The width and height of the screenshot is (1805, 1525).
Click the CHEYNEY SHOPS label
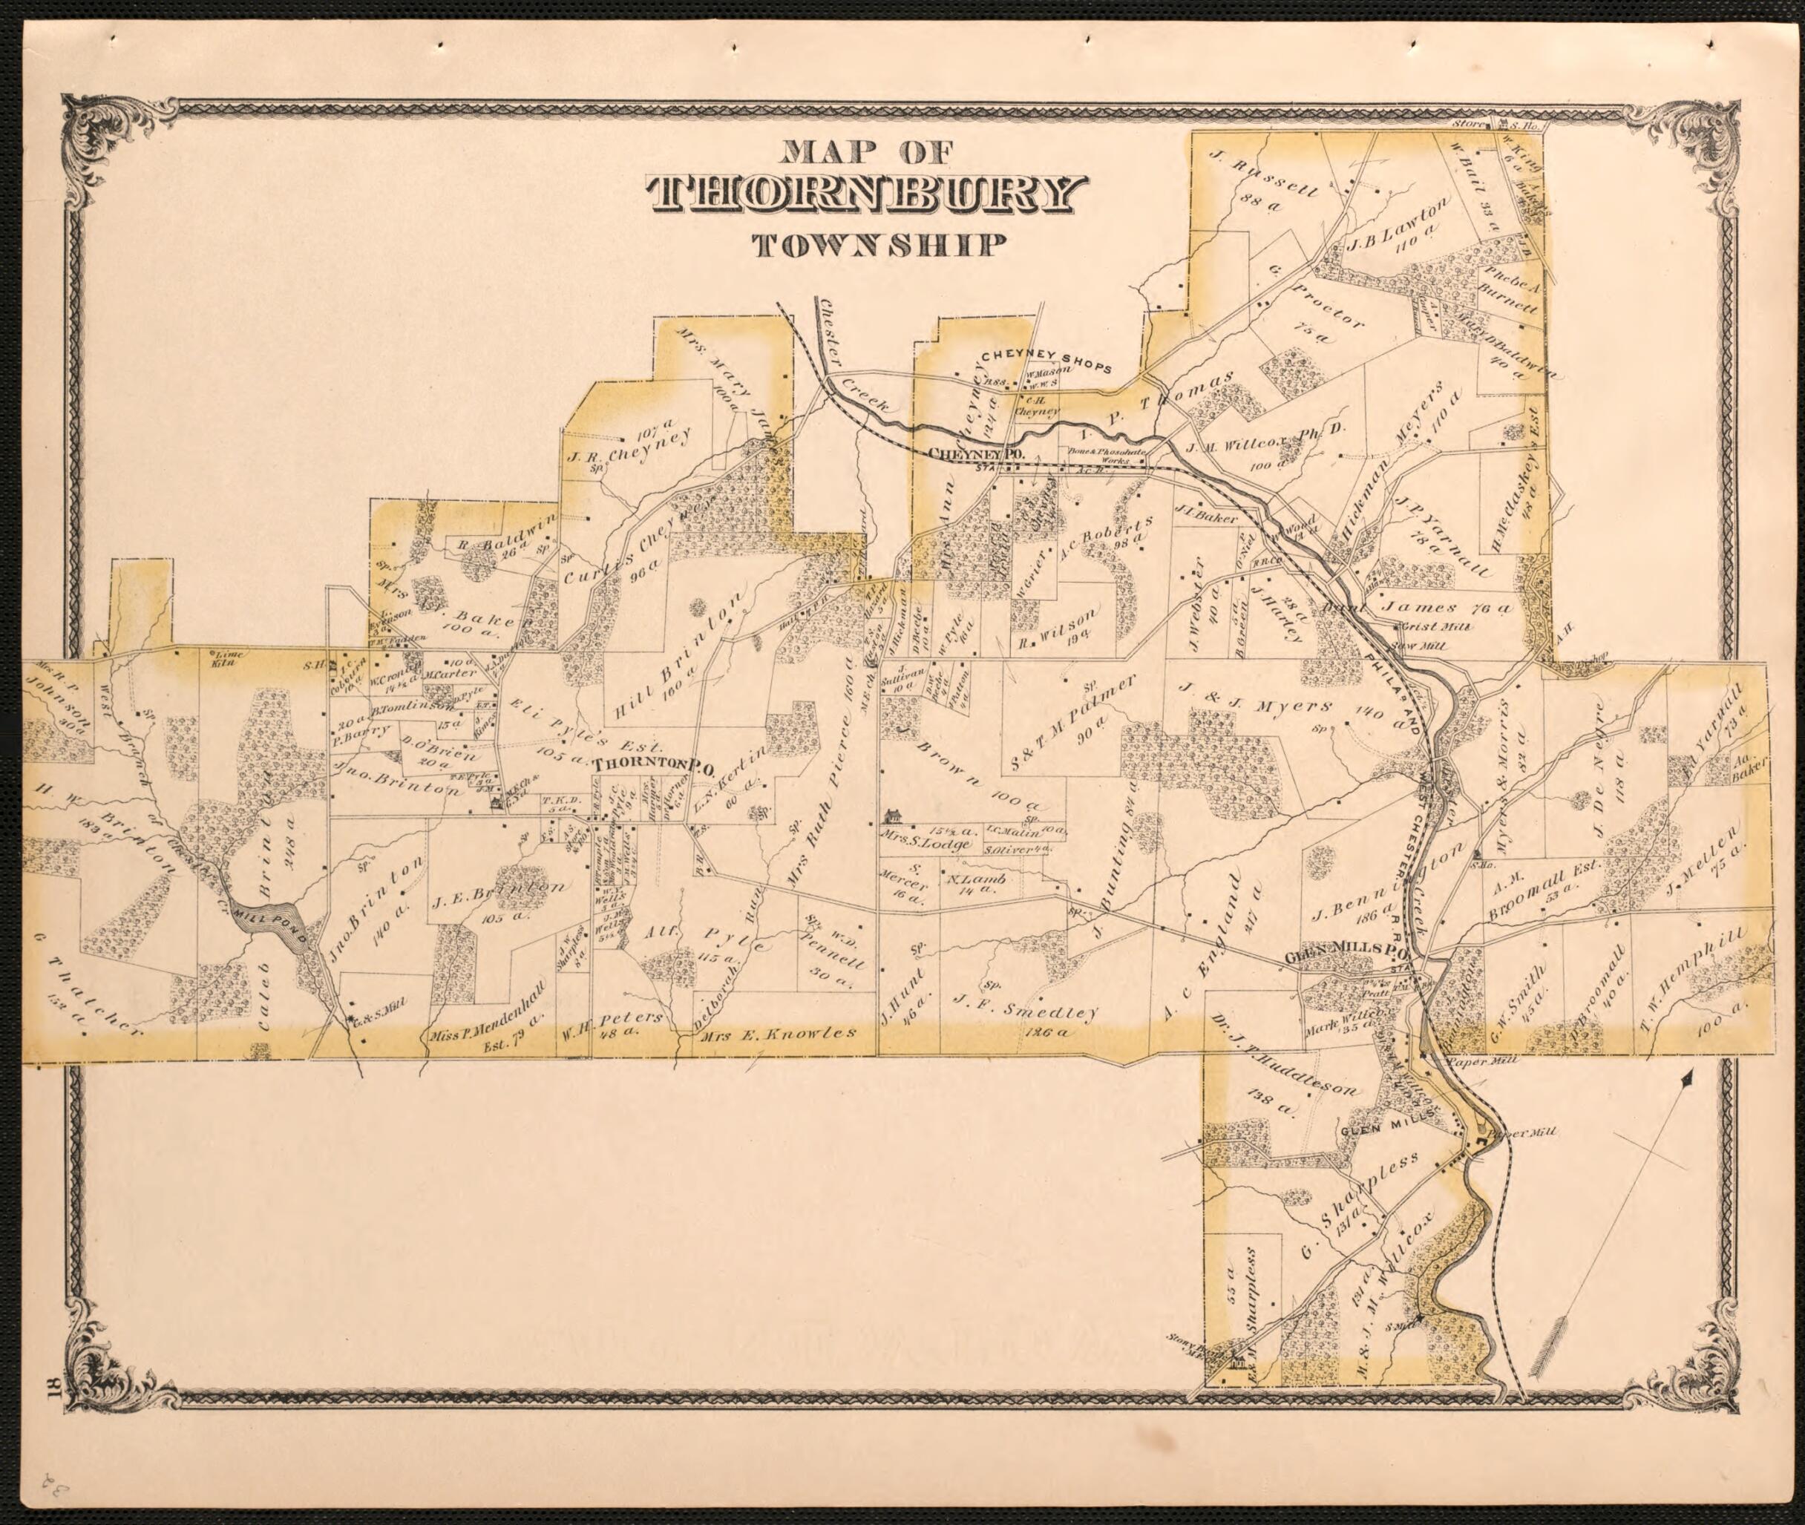pos(1045,361)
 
